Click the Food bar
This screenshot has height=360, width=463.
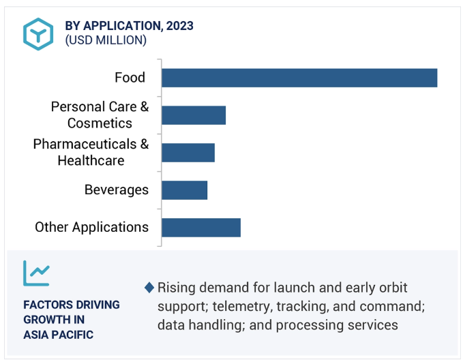coord(299,78)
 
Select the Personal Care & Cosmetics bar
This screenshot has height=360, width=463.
coord(194,115)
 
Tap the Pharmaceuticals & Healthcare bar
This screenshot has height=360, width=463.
coord(188,153)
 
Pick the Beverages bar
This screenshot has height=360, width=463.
coord(185,190)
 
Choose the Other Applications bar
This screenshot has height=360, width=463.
coord(201,228)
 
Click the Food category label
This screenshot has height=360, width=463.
coord(130,78)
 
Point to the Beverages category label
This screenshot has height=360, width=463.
coord(117,190)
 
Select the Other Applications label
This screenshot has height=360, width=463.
coord(91,228)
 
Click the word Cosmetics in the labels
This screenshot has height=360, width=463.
coord(100,123)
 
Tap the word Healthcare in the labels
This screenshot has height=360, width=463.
coord(91,161)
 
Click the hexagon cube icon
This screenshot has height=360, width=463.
coord(38,34)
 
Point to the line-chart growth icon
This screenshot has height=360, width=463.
coord(36,273)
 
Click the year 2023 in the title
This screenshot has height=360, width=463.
coord(180,26)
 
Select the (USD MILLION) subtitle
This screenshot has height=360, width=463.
coord(106,40)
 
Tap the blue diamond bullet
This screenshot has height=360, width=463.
coord(149,288)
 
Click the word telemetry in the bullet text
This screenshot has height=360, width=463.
coord(241,307)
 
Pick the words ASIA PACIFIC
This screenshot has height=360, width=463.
coord(59,335)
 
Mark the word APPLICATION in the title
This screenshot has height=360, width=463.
coord(123,26)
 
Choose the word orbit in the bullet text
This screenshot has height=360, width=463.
coord(394,288)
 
